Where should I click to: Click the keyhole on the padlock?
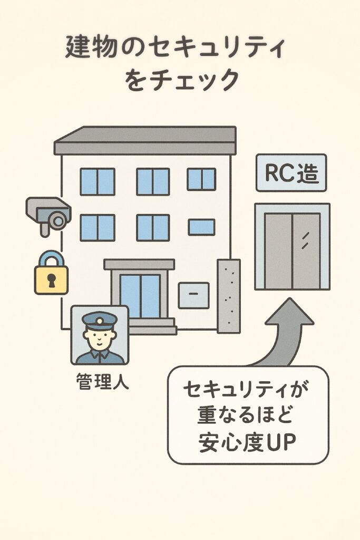point(51,280)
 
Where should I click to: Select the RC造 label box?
point(291,172)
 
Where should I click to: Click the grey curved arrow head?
point(289,314)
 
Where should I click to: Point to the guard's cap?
point(100,320)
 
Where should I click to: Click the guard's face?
point(100,337)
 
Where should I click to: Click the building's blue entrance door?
point(140,295)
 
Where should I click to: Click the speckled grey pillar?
point(229,295)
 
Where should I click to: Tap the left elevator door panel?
point(278,252)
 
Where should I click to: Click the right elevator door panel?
point(306,252)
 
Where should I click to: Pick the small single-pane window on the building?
point(201,227)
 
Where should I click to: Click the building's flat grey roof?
point(145,140)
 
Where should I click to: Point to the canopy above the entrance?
point(139,264)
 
